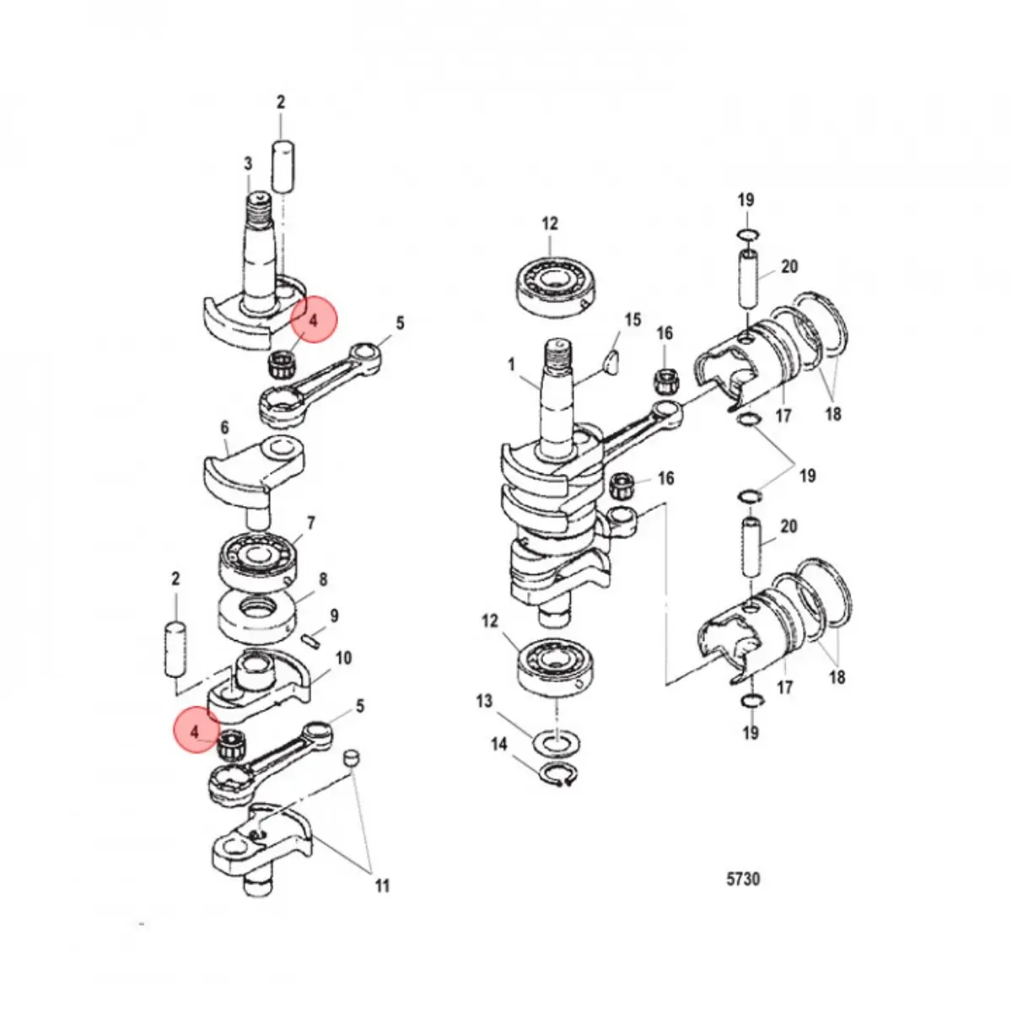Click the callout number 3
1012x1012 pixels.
(248, 163)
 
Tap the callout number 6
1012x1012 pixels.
(224, 428)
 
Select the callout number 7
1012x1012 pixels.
(310, 523)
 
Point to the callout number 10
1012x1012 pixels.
(344, 658)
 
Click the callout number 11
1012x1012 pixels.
(383, 885)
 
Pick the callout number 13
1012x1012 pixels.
(483, 702)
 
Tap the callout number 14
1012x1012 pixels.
(499, 744)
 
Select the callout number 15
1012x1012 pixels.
(632, 320)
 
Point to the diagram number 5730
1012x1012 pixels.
(743, 879)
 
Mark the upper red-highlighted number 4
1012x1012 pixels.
(313, 321)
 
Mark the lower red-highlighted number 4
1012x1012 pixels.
(196, 731)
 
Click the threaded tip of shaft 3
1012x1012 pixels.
(258, 205)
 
